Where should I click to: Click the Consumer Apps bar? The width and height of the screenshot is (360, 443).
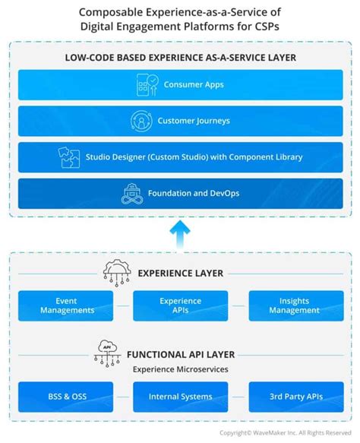[x=180, y=84]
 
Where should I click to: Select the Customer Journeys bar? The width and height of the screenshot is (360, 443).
[x=180, y=121]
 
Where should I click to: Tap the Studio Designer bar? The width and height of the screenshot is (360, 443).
[x=180, y=157]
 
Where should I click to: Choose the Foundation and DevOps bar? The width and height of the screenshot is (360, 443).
[x=180, y=194]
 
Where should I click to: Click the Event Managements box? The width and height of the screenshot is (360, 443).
[x=65, y=305]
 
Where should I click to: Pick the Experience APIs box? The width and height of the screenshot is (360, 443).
[x=180, y=305]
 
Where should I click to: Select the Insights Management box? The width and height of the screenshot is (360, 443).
[x=294, y=305]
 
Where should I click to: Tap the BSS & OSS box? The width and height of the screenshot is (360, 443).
[x=65, y=397]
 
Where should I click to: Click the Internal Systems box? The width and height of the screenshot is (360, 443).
[x=180, y=397]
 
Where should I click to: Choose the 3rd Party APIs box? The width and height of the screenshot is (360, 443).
[x=294, y=397]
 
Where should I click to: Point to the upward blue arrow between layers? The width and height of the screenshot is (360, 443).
[x=180, y=233]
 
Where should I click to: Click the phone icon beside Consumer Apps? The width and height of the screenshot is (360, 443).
[x=147, y=84]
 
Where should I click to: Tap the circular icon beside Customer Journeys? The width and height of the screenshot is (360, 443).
[x=141, y=121]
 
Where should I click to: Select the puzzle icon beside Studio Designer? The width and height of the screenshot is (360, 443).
[x=70, y=157]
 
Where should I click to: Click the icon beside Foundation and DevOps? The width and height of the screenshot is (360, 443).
[x=133, y=194]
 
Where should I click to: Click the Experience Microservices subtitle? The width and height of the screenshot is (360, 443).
[x=180, y=369]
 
